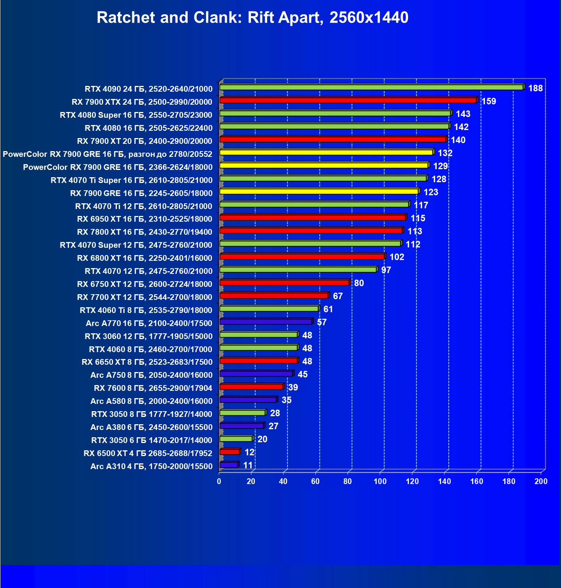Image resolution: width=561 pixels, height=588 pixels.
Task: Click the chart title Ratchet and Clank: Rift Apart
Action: point(253,18)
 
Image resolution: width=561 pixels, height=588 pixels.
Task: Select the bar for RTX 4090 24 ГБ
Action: point(371,87)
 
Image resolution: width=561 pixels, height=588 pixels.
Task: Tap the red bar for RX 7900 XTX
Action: point(348,100)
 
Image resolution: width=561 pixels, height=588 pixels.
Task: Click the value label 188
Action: point(535,88)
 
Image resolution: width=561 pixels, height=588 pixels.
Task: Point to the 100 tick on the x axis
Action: point(380,481)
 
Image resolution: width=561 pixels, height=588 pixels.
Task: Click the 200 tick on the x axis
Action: point(541,481)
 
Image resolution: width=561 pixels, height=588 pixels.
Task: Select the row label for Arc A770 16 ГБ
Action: point(149,323)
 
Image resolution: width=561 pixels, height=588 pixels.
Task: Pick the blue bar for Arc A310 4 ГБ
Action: point(229,465)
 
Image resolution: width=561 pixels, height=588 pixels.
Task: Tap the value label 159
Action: point(489,101)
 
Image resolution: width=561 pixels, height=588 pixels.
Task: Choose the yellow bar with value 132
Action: point(326,152)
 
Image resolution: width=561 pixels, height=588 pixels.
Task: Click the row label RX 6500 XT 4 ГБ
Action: point(148,453)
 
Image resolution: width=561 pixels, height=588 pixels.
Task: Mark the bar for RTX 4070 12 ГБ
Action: point(298,270)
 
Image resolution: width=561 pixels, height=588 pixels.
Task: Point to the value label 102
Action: point(397,257)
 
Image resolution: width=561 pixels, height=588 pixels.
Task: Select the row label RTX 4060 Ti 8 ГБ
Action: point(146,310)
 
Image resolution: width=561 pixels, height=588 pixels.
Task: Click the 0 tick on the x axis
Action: point(219,481)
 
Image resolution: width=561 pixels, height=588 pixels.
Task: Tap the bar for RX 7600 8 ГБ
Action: point(251,387)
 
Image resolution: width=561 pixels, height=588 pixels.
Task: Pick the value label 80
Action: point(359,283)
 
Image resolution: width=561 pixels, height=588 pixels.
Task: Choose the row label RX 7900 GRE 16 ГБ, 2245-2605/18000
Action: point(141,193)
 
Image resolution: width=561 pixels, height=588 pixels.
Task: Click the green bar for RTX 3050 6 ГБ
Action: point(236,439)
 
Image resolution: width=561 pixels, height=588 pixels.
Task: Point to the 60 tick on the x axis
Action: point(315,481)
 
